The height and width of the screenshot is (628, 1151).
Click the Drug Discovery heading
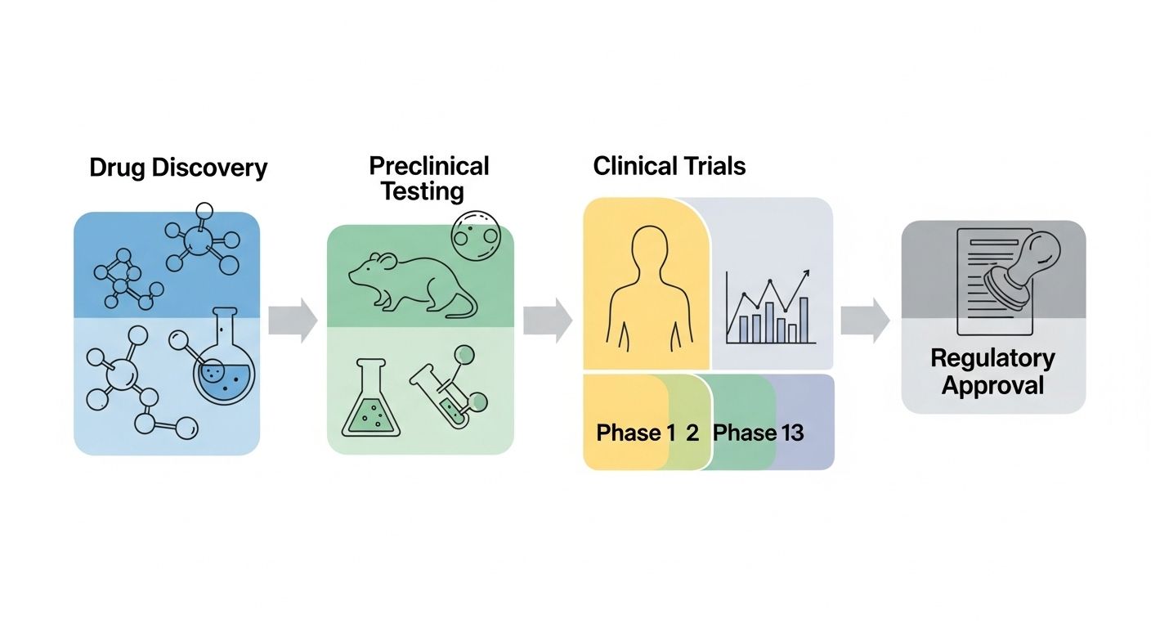(178, 168)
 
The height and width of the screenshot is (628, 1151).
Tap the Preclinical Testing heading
(428, 178)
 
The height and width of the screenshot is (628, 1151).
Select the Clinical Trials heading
(669, 167)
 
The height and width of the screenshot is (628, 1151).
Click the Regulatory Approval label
(992, 371)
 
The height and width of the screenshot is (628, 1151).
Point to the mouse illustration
(401, 282)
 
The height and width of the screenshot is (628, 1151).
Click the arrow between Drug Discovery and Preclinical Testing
(293, 320)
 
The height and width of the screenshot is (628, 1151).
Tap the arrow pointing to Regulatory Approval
(865, 320)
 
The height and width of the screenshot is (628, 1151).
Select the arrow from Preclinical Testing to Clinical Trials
(547, 320)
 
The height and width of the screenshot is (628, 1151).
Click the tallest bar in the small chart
(803, 320)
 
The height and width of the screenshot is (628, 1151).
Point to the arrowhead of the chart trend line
(807, 274)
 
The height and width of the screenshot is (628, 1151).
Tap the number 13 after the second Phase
(792, 433)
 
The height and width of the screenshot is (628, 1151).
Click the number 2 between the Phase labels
(692, 433)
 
